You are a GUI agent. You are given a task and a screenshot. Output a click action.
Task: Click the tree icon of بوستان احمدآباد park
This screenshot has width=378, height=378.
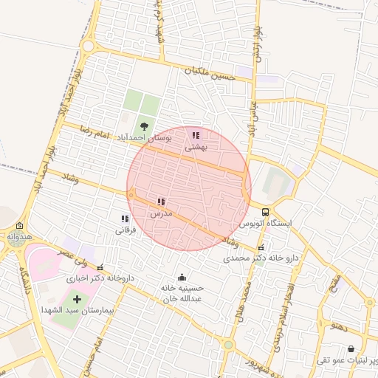click(x=143, y=126)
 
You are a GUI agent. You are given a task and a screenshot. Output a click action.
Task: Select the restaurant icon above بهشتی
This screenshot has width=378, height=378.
click(x=196, y=136)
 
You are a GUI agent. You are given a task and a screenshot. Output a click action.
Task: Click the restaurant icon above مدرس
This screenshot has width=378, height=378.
click(x=161, y=202)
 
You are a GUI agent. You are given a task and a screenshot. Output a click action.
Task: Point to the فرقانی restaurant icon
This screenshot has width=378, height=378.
click(x=125, y=219)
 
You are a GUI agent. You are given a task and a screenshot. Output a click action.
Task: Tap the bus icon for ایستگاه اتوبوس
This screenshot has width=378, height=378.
click(x=265, y=212)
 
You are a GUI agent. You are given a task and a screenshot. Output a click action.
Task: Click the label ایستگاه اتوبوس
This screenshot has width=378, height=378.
click(x=265, y=223)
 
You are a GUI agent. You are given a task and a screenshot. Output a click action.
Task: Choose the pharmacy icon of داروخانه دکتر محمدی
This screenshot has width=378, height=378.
click(x=261, y=248)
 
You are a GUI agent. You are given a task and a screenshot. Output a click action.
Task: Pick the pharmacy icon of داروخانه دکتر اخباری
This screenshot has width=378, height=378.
click(x=100, y=268)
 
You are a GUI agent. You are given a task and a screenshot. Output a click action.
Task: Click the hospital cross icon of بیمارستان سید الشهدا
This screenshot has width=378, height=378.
click(x=77, y=299)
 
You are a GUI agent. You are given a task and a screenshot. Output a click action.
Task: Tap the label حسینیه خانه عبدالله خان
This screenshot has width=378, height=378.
click(x=182, y=294)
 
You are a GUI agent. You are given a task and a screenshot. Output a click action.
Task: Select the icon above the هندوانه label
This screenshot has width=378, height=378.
click(x=19, y=227)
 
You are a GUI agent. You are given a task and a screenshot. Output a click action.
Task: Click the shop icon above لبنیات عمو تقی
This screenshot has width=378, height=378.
click(x=350, y=349)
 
